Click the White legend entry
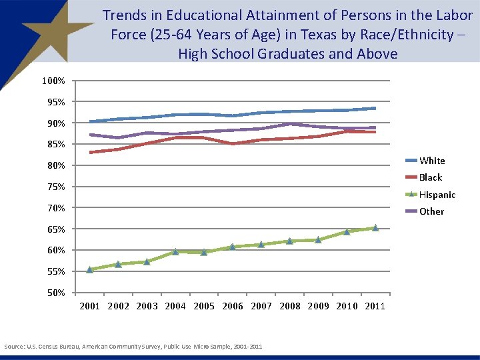pos(431,161)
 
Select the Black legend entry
pos(430,177)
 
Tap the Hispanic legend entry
pos(437,195)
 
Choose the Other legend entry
pos(431,211)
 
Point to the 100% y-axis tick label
pos(53,81)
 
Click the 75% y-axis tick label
pos(55,187)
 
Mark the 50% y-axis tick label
pos(55,293)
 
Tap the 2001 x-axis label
pos(89,307)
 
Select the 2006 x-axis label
pos(233,307)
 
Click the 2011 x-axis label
pos(375,307)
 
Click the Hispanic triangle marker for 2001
pos(89,269)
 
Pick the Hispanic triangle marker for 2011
pos(375,228)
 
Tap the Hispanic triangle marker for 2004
pos(175,251)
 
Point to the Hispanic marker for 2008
pos(289,241)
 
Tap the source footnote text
pos(133,347)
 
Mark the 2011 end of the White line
pos(375,108)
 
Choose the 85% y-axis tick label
pos(55,144)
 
